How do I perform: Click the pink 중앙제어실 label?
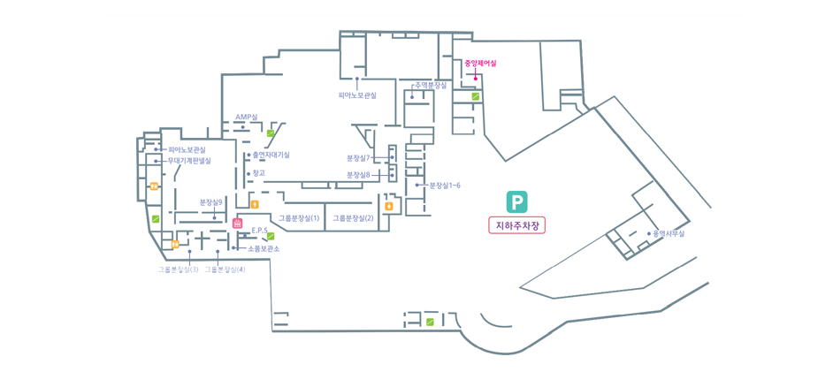tap(480, 64)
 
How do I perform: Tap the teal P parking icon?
tap(516, 201)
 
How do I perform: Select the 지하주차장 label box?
tap(516, 225)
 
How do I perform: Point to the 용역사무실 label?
tap(669, 234)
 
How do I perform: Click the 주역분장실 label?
tap(431, 85)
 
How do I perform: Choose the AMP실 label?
tap(247, 117)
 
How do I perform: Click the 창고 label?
tap(259, 173)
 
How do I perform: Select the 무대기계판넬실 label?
tap(189, 161)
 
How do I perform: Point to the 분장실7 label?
tap(359, 157)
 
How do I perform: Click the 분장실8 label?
tap(359, 175)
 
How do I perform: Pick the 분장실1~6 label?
tap(445, 186)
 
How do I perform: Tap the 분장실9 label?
tap(211, 202)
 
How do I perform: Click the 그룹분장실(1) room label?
tap(299, 217)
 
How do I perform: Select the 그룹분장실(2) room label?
tap(353, 217)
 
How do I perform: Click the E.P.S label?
tap(259, 231)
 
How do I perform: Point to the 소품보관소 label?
tap(264, 249)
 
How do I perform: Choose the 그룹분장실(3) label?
tap(178, 269)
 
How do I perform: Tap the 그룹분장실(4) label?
tap(225, 269)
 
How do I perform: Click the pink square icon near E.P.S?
tap(237, 224)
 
